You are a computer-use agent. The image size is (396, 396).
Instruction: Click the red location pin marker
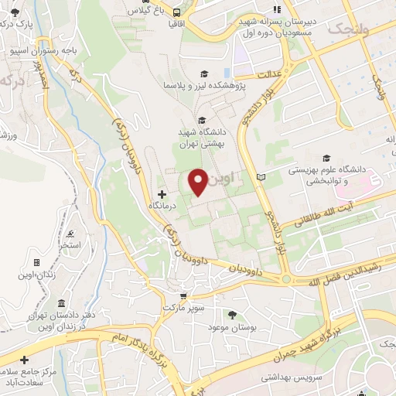tap(198, 181)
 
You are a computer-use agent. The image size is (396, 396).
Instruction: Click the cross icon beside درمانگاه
tap(162, 193)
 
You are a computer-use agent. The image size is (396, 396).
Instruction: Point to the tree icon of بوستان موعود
tap(232, 313)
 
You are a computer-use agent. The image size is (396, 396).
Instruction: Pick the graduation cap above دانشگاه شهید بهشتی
tap(202, 120)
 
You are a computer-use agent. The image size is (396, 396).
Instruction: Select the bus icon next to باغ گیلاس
tap(177, 12)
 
